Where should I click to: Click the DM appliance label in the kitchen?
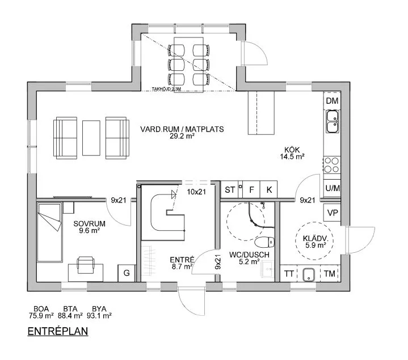332,100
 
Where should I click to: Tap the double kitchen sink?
333,121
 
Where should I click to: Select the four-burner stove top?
332,165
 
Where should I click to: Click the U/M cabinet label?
333,188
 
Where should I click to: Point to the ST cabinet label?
230,190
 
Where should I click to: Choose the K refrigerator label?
270,190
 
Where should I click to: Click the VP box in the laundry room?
333,213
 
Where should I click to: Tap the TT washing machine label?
289,274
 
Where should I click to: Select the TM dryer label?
329,273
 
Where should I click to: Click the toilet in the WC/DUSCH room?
264,243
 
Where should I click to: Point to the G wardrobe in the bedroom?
127,273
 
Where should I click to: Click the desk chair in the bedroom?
85,265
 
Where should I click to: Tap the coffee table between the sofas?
91,138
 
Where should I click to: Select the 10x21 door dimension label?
196,192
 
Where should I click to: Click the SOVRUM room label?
89,223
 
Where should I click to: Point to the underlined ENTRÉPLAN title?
58,332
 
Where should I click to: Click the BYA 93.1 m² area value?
99,316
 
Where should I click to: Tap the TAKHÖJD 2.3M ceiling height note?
166,89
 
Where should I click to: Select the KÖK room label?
292,150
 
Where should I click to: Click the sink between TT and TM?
309,274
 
